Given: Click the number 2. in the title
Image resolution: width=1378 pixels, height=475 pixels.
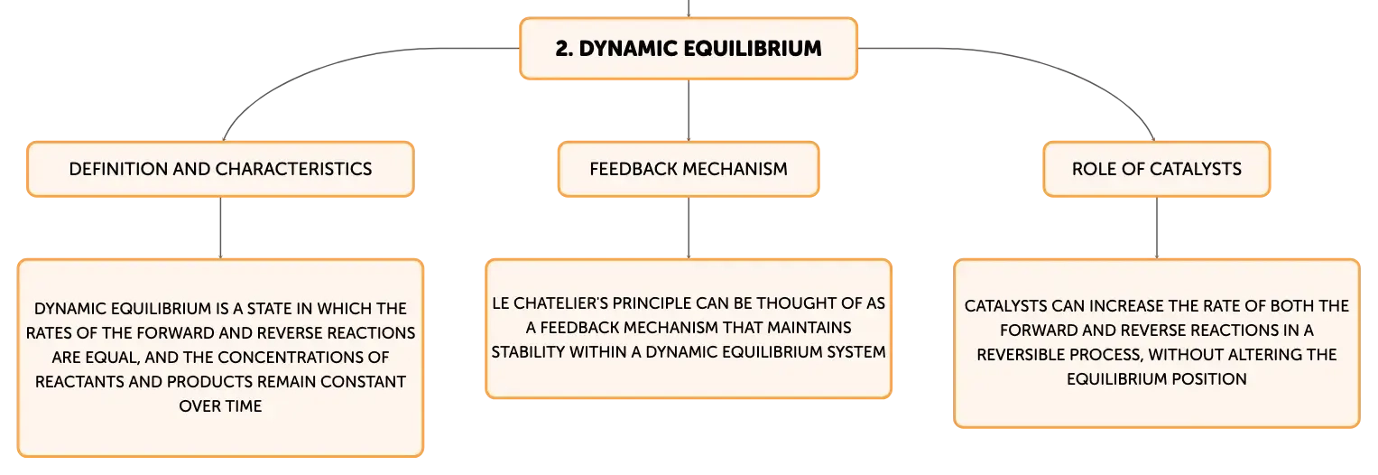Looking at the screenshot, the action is pos(564,49).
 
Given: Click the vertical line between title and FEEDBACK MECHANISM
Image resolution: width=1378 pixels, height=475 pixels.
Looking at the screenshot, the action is pos(689,111).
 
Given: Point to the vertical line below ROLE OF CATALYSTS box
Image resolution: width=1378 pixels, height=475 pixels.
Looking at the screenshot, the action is pos(1157,228).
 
